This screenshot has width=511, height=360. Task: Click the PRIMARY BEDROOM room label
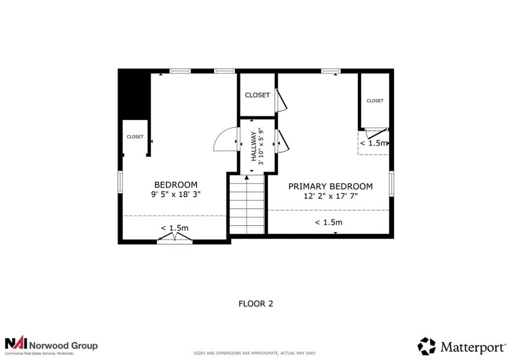tap(330, 186)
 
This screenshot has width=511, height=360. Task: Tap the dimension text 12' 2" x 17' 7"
tap(330, 196)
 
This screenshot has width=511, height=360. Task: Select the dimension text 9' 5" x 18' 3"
tap(176, 193)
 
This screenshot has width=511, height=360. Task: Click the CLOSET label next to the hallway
tap(257, 95)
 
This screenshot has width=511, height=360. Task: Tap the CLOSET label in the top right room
tap(375, 100)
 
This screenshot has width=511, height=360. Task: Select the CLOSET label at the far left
tap(135, 137)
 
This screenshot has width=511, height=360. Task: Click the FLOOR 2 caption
tap(255, 303)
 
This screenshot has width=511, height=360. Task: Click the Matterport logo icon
tap(427, 346)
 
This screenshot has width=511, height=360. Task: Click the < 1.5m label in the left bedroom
tap(174, 228)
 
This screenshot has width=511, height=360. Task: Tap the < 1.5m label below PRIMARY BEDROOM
tap(329, 222)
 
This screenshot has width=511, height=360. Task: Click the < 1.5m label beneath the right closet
tap(373, 143)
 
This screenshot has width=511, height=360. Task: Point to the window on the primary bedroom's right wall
tap(391, 183)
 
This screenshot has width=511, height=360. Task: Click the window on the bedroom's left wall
tap(121, 182)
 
